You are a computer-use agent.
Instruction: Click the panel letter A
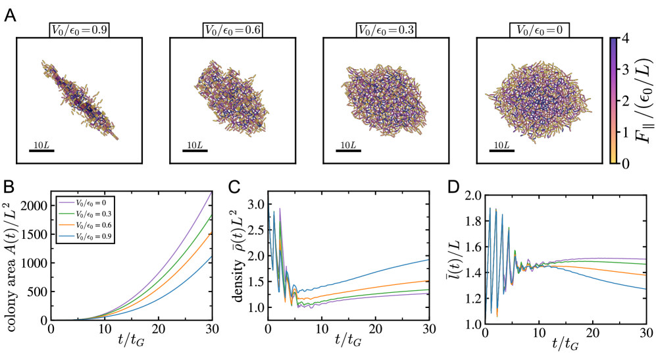point(11,14)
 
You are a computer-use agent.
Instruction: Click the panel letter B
point(11,187)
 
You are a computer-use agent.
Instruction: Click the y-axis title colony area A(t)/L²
point(12,257)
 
